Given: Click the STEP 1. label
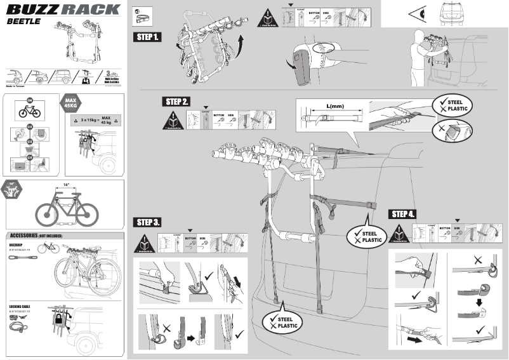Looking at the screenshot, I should tap(147, 37).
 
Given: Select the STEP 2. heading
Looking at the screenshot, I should tap(176, 102).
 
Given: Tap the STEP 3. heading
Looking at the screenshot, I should tap(147, 222).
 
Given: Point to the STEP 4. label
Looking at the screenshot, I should tap(404, 213).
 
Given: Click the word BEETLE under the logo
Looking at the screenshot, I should tap(25, 21).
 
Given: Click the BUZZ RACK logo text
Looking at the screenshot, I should tap(63, 8).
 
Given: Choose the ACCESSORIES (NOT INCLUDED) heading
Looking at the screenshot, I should tap(41, 235).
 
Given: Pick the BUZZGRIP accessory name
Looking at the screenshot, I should tap(17, 244).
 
